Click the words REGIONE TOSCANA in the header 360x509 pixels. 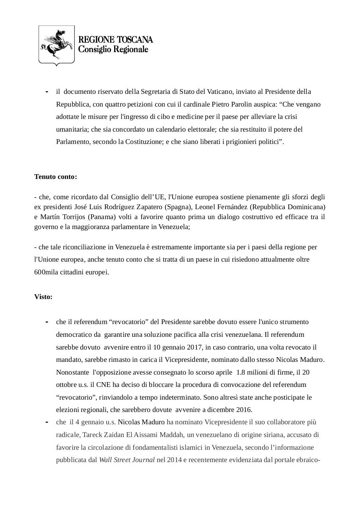pos(115,40)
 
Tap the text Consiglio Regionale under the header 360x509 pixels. pos(113,49)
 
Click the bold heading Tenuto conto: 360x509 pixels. pos(56,177)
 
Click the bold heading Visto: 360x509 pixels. pos(43,297)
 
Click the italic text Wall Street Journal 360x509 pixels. pos(126,460)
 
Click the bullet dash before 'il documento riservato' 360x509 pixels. pos(47,92)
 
